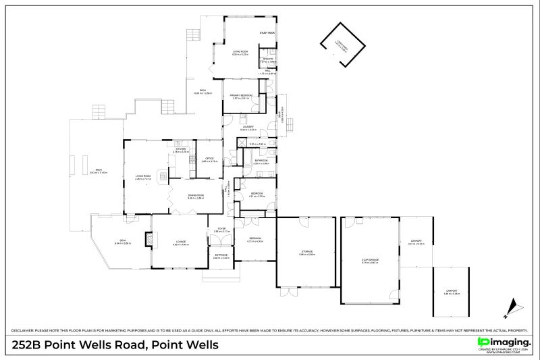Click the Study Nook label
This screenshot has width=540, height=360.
[267, 33]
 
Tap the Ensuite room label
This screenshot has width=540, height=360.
[268, 59]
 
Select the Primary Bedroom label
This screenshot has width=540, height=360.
[242, 96]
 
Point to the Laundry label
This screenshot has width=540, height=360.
[248, 126]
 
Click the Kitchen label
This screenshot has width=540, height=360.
[180, 150]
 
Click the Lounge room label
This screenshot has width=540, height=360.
[180, 242]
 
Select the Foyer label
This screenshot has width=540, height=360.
[221, 229]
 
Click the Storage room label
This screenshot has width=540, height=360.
[307, 253]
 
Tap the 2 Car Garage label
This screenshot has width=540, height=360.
[370, 259]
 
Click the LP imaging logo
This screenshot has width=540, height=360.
[504, 343]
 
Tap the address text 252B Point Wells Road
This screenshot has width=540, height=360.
[115, 345]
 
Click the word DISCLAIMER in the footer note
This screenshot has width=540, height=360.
[22, 330]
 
